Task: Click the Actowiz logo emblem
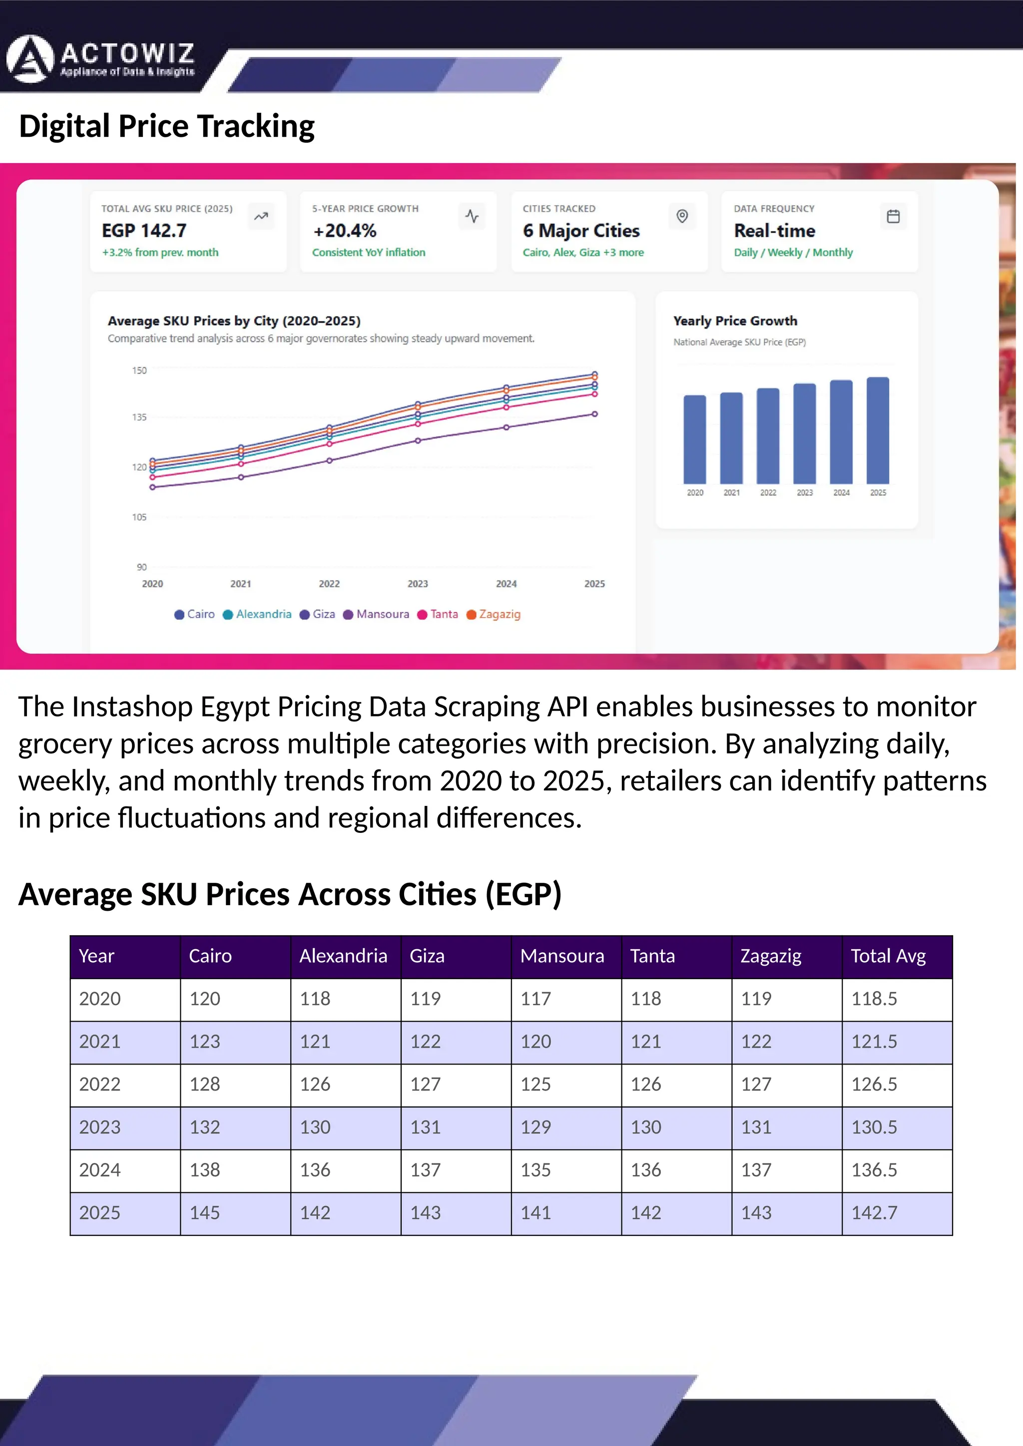(x=29, y=59)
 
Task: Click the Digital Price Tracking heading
(x=166, y=126)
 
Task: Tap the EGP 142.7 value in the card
(x=144, y=231)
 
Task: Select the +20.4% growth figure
(x=345, y=231)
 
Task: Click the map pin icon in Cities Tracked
(x=681, y=217)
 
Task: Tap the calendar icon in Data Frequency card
(x=893, y=217)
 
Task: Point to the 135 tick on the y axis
(x=139, y=417)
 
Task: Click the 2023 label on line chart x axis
(x=417, y=584)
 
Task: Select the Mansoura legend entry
(x=376, y=614)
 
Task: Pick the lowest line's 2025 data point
(x=594, y=414)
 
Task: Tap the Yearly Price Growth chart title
(x=734, y=321)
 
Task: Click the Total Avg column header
(x=888, y=956)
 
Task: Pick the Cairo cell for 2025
(x=205, y=1212)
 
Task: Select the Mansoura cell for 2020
(x=535, y=998)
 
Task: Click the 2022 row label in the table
(x=99, y=1084)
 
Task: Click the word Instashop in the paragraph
(x=132, y=707)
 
